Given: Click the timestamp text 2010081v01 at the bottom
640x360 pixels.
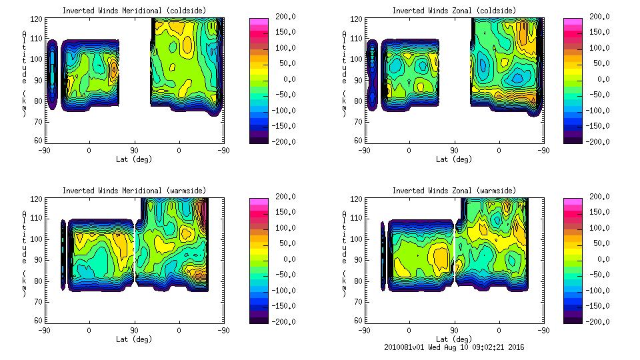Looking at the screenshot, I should [x=404, y=347].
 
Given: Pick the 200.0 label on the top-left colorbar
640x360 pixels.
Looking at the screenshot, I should [x=280, y=17].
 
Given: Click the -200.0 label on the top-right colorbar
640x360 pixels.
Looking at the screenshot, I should [x=593, y=141].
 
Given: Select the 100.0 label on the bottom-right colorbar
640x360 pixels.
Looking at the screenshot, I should [x=593, y=227].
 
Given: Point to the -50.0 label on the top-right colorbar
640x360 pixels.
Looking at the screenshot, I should [x=593, y=95].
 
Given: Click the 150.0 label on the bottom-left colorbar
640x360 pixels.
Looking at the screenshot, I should [x=280, y=212].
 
